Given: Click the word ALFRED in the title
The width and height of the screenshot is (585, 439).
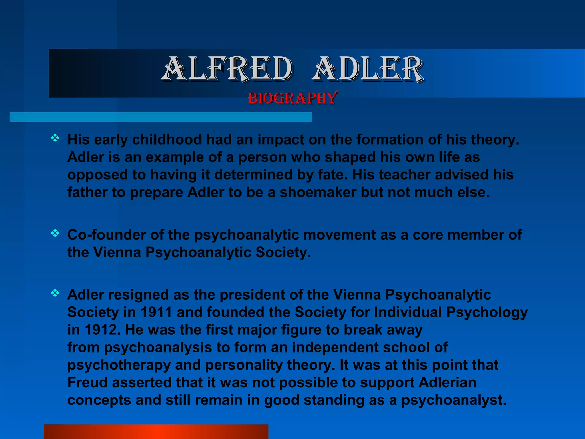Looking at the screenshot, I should pyautogui.click(x=228, y=69).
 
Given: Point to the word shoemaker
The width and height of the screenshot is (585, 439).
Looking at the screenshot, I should pyautogui.click(x=318, y=193).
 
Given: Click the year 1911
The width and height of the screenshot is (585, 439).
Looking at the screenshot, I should pyautogui.click(x=156, y=312).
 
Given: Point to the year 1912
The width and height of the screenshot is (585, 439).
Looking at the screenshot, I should pyautogui.click(x=100, y=330).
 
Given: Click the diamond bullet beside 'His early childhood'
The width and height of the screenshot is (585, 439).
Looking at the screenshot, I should pyautogui.click(x=55, y=139).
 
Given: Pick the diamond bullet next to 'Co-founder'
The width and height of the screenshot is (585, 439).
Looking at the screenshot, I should pyautogui.click(x=55, y=234).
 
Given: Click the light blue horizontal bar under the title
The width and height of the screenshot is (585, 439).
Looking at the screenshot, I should pyautogui.click(x=161, y=117).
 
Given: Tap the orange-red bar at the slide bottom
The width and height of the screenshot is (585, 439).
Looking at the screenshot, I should pyautogui.click(x=156, y=432).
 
